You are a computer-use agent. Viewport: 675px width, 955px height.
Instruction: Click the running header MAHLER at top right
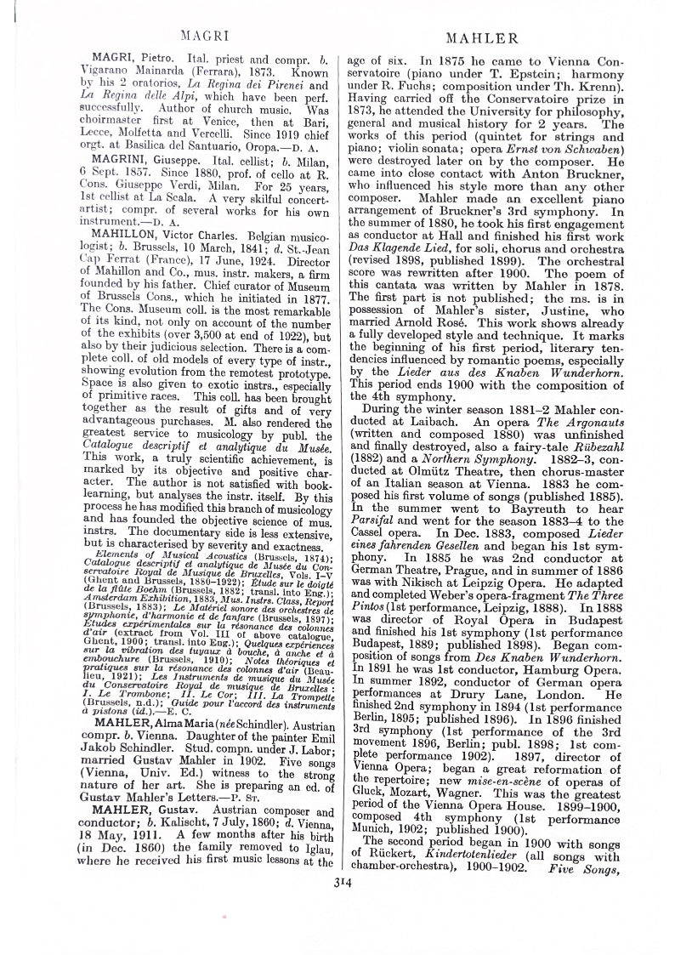coord(483,38)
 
